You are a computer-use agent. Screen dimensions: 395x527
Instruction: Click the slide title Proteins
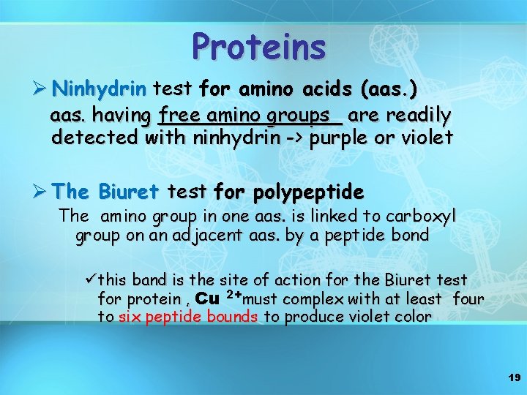point(258,48)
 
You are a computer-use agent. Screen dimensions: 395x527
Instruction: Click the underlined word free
point(181,116)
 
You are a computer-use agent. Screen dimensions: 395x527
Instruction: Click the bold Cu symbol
point(207,298)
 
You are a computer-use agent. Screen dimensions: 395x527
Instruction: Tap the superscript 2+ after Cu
point(232,294)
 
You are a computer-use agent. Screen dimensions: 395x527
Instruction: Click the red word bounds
point(232,317)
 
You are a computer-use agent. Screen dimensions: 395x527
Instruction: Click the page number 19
point(512,377)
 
